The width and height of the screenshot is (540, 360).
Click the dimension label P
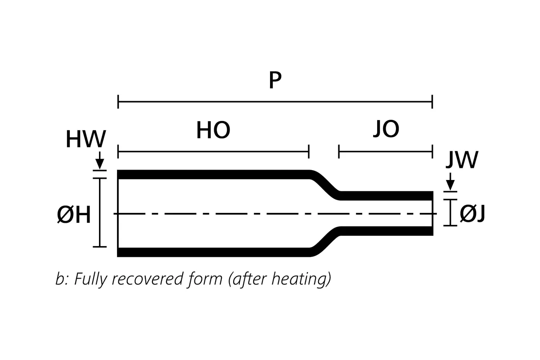[275, 81]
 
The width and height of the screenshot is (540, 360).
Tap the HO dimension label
[213, 130]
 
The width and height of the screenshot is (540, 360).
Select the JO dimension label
[386, 129]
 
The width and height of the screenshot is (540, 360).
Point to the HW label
[85, 139]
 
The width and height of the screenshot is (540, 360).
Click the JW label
[461, 161]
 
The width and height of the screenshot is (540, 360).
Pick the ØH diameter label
[74, 216]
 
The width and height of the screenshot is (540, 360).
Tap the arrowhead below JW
[450, 186]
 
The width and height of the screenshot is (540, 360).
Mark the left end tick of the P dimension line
[118, 102]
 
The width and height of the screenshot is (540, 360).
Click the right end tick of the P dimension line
[432, 102]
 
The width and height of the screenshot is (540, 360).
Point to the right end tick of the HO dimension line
[309, 152]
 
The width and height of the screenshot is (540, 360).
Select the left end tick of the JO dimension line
[339, 152]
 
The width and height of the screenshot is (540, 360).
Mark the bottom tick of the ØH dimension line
[99, 247]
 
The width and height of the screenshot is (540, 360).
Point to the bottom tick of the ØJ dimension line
[450, 225]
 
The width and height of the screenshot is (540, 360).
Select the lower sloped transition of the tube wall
[325, 242]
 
